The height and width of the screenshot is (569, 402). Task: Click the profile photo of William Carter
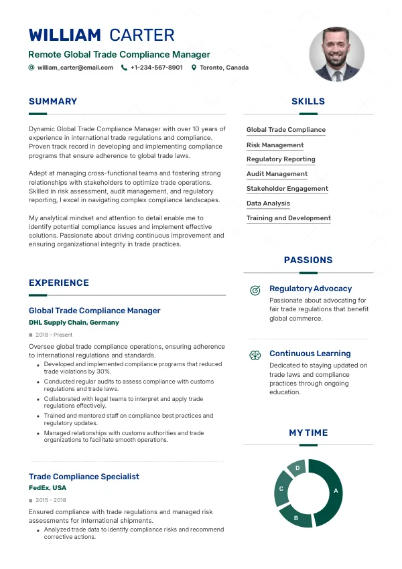pos(336,54)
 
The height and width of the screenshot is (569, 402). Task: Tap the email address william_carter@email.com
pos(75,68)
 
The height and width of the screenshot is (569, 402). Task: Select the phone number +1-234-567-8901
pos(156,68)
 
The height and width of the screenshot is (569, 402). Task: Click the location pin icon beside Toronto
pos(194,68)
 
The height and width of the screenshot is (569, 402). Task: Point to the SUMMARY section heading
pos(53,102)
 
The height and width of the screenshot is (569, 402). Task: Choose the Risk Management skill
pos(275,145)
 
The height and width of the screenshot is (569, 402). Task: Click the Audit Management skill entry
pos(277,174)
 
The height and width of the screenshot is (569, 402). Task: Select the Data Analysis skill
pos(268,204)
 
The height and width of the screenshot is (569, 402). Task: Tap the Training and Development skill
pos(288,218)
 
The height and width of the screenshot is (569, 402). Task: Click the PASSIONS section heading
pos(308,260)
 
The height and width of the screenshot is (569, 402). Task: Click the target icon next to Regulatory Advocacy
pos(255,290)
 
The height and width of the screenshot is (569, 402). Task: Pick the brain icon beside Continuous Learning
pos(255,355)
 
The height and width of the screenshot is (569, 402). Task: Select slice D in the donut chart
pos(297,468)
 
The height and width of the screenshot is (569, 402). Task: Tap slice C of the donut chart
pos(282,489)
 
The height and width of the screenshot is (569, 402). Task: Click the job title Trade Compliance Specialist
pos(84,477)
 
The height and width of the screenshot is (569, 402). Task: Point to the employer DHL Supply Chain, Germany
pos(74,323)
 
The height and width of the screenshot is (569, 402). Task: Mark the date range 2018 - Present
pos(54,335)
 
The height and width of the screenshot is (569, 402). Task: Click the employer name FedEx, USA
pos(48,488)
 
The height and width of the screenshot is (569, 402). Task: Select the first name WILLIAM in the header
pos(65,35)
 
